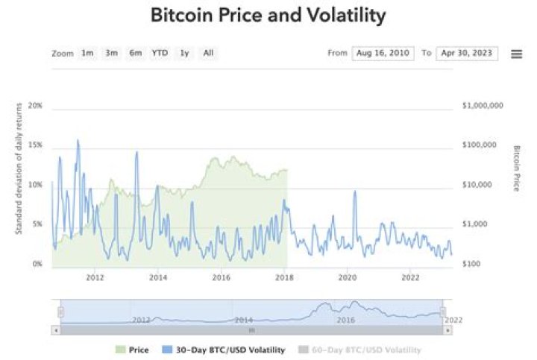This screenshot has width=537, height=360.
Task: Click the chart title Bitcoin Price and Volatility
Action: pos(268,15)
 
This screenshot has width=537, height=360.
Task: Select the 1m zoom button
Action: pos(88,53)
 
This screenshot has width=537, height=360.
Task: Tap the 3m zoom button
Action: pos(112,53)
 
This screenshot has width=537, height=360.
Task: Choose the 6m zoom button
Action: pos(136,53)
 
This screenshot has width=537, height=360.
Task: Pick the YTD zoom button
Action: pos(160,53)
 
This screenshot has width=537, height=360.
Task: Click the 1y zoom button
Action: pos(184,53)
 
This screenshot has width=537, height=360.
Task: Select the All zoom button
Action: pos(208,53)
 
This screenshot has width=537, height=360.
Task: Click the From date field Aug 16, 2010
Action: pos(383,54)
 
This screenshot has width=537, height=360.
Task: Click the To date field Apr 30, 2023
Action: pos(467,54)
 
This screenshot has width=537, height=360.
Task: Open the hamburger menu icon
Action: pos(516,54)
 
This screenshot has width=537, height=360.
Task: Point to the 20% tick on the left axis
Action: pos(35,106)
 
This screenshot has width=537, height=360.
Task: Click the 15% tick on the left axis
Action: pos(35,145)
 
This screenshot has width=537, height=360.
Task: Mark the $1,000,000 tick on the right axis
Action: pos(483,106)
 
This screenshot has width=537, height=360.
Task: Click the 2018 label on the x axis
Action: pos(283,278)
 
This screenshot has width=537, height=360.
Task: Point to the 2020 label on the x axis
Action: pos(347,278)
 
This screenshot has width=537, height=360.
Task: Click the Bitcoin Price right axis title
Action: pos(516,168)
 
